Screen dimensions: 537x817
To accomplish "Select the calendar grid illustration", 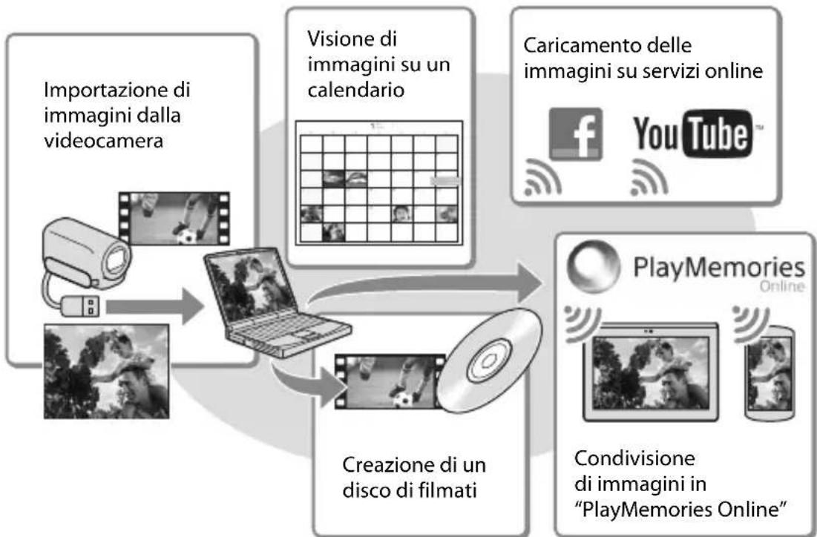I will (x=378, y=182).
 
